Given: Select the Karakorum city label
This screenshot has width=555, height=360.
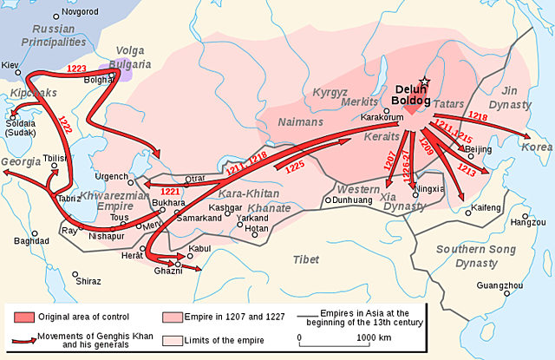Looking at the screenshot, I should [382, 116].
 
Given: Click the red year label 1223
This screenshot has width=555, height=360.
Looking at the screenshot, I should [76, 68].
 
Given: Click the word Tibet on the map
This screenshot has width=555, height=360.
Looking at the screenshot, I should [304, 259].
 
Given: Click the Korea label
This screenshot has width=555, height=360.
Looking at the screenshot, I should [536, 147].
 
